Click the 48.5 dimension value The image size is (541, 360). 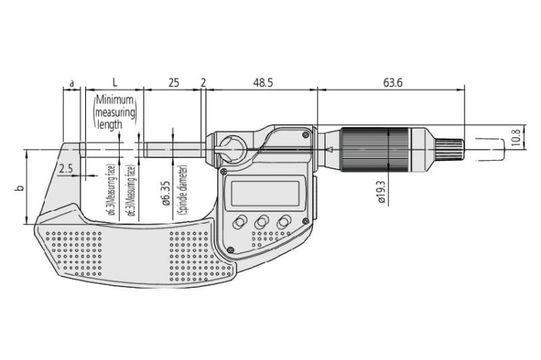262,84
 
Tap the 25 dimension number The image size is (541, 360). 173,84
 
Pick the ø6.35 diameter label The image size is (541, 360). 166,194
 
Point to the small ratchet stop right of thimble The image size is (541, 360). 442,151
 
